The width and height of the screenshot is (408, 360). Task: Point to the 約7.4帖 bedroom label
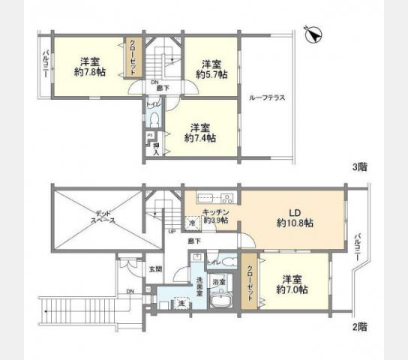200,138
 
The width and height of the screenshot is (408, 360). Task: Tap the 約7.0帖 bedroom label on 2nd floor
291,289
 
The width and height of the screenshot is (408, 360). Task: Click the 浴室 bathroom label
219,281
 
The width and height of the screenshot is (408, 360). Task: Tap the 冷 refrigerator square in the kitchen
193,223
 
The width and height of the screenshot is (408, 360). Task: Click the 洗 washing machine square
181,303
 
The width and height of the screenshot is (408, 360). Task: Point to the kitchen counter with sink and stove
215,199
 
